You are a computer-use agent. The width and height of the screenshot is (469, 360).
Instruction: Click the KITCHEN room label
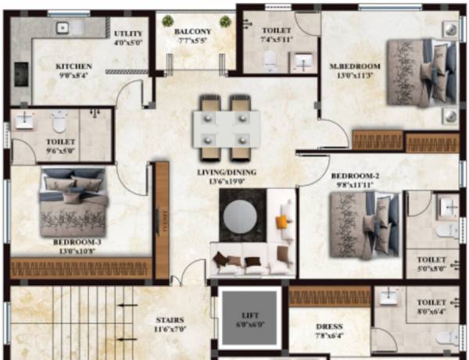click(74, 66)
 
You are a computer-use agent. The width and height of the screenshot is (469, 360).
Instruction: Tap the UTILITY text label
click(128, 34)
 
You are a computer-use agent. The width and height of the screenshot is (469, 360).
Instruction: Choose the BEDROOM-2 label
click(356, 177)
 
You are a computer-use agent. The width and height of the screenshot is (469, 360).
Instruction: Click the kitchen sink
click(66, 29)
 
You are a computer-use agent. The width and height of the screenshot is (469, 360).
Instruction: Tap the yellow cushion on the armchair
click(282, 223)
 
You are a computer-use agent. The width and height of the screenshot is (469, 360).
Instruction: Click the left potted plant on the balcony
click(166, 21)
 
